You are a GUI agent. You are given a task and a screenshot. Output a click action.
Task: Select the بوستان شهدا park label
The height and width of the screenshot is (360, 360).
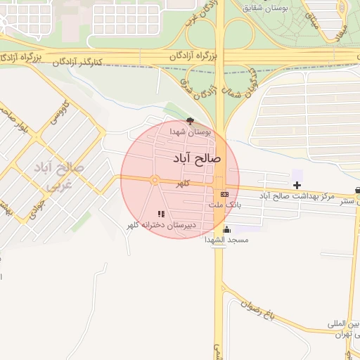[x=191, y=131]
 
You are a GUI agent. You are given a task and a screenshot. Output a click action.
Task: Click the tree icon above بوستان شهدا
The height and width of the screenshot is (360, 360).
[x=191, y=121]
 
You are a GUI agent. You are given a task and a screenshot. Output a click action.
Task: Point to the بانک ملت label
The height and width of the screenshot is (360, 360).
[x=224, y=205]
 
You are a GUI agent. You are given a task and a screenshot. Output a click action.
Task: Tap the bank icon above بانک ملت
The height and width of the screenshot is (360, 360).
[x=224, y=194]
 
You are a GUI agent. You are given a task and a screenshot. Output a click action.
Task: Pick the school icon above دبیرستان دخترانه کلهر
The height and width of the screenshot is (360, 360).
[x=161, y=214]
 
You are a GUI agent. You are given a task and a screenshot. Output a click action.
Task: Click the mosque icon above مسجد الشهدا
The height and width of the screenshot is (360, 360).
[x=226, y=229]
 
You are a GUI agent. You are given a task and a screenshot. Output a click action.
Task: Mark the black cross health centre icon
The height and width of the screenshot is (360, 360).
[x=297, y=185]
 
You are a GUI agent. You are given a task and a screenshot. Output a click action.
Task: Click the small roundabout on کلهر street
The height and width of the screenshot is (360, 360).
[x=154, y=181]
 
